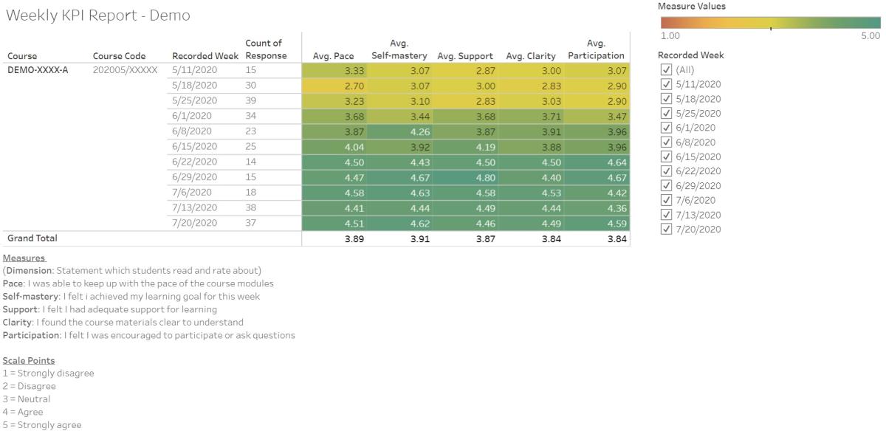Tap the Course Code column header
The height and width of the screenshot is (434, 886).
(119, 56)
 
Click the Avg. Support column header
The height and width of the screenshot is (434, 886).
(465, 56)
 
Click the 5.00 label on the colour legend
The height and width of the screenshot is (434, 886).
(870, 35)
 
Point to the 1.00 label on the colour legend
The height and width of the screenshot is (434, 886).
(670, 35)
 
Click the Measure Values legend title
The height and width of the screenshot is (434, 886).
(692, 6)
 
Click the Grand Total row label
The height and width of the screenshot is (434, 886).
(32, 238)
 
